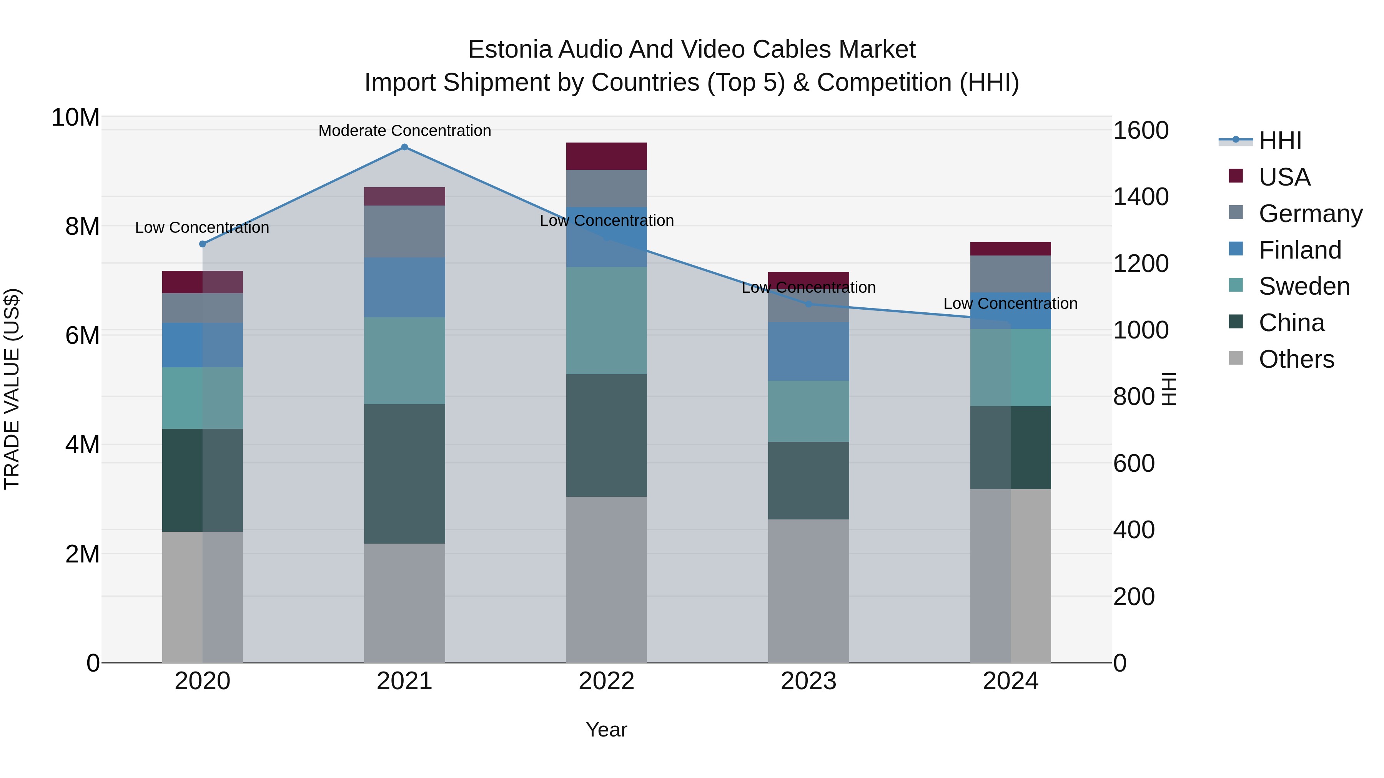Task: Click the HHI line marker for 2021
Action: (x=404, y=147)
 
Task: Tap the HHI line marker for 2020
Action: (x=203, y=244)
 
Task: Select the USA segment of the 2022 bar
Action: (x=607, y=156)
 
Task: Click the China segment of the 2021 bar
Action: (x=404, y=474)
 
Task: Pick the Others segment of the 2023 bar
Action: (x=808, y=591)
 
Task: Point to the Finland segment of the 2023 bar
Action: (x=808, y=351)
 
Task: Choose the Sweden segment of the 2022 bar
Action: (x=607, y=320)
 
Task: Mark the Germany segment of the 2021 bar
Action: (x=404, y=231)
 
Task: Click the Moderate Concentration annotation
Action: (x=404, y=131)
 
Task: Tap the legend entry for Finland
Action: (x=1300, y=250)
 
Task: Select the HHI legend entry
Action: (x=1280, y=141)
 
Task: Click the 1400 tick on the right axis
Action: (x=1140, y=197)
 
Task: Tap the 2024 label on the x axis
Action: (x=1010, y=681)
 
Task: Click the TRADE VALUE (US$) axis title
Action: (x=12, y=389)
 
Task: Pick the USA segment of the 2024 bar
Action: (x=1010, y=249)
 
